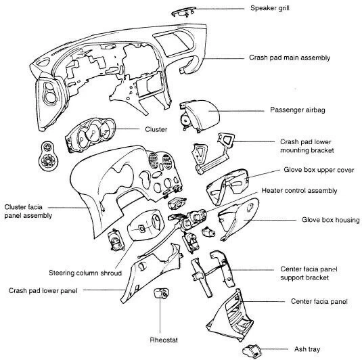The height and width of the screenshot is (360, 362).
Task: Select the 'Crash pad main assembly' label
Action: click(290, 58)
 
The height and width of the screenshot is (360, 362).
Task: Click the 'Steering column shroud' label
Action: click(85, 273)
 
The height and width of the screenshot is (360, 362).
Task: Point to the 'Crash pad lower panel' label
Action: click(43, 290)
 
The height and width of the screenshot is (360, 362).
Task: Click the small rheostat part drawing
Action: click(162, 294)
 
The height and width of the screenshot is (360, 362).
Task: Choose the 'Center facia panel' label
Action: click(319, 300)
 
